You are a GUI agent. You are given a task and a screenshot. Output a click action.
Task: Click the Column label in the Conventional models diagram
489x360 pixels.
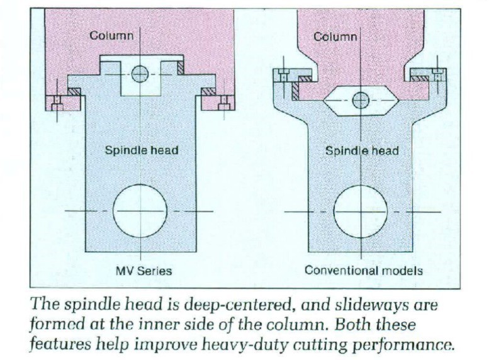[x=335, y=37]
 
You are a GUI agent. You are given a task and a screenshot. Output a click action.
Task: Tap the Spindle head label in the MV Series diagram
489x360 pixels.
[x=142, y=150]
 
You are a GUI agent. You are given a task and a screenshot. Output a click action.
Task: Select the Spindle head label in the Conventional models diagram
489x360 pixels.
[x=362, y=151]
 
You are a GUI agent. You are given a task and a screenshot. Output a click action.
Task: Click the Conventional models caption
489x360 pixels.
[x=363, y=271]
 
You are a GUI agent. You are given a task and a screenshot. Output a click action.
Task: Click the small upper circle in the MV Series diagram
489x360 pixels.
[x=140, y=74]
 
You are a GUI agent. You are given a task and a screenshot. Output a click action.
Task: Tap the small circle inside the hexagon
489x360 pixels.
[x=361, y=100]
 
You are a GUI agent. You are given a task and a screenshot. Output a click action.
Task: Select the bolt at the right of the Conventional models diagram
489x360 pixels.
[x=438, y=77]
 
